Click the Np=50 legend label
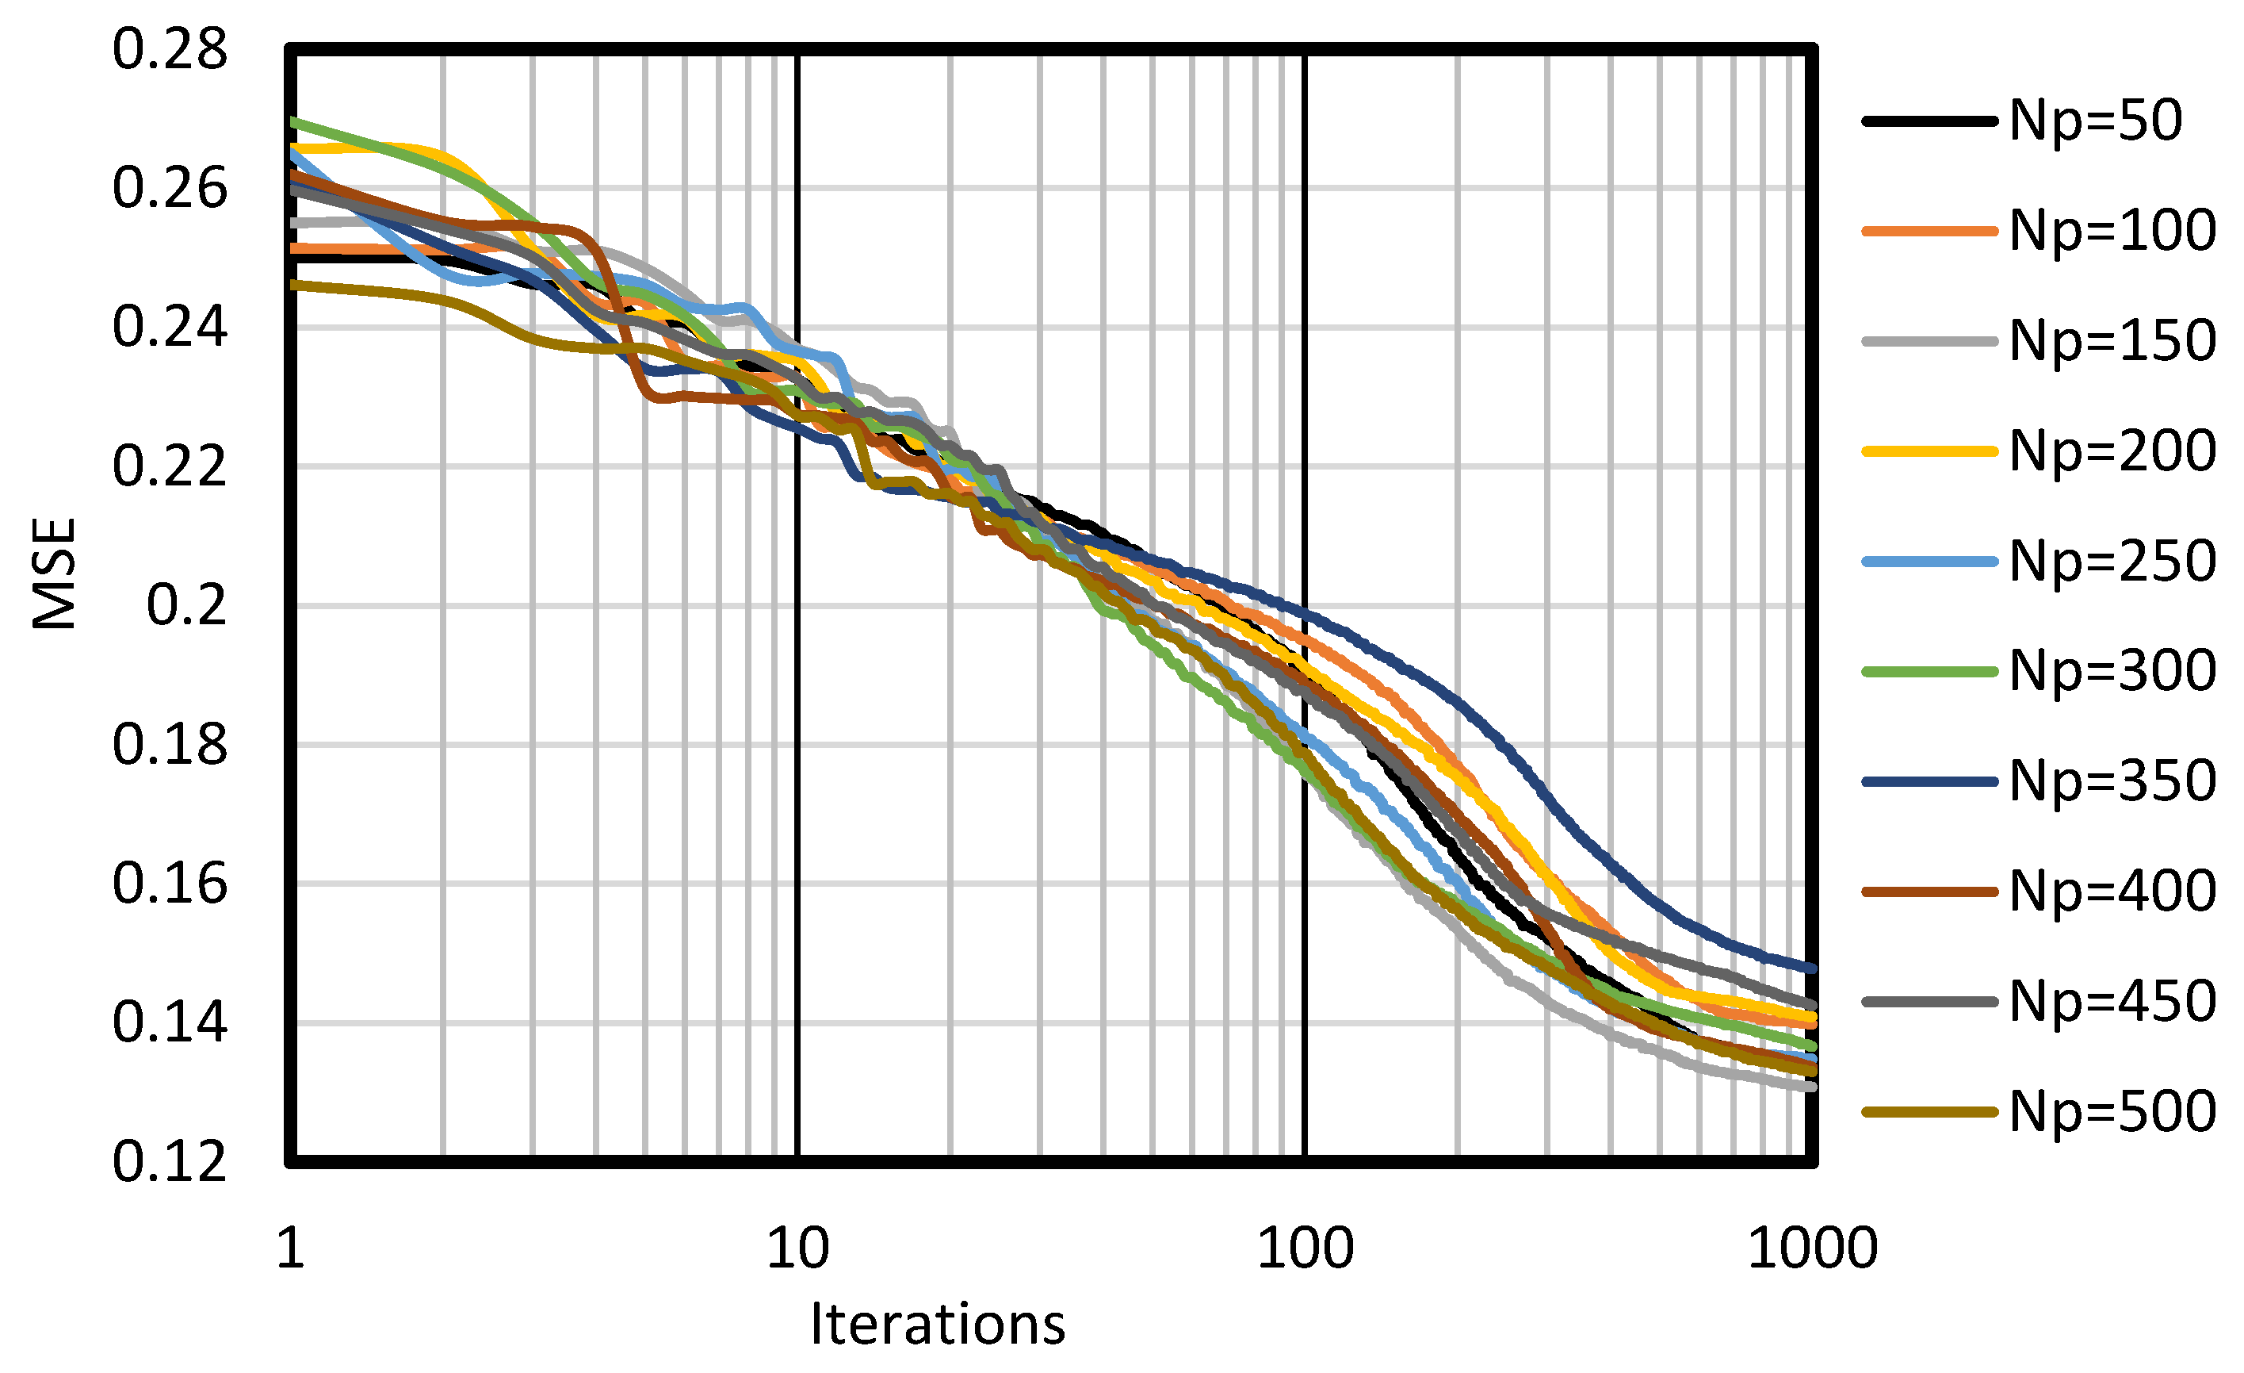(2096, 121)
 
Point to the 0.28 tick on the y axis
(170, 50)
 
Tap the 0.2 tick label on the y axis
(187, 605)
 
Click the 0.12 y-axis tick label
(170, 1162)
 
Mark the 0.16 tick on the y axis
(170, 884)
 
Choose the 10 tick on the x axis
(797, 1248)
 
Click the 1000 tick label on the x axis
(1812, 1248)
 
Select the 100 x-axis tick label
(1305, 1248)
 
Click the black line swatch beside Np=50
(1929, 121)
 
